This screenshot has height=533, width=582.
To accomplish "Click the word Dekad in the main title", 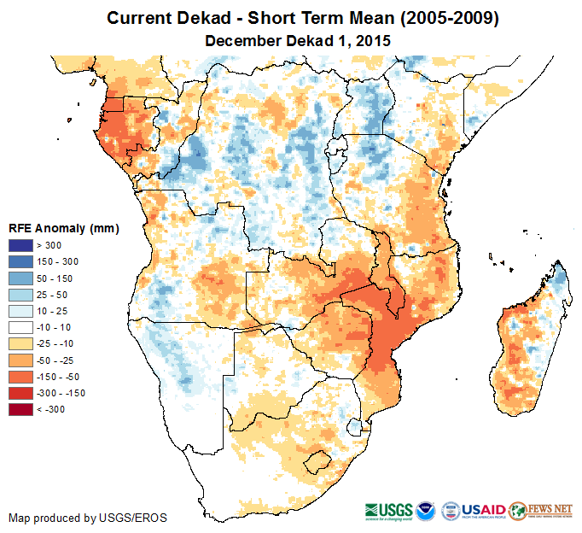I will coord(210,18).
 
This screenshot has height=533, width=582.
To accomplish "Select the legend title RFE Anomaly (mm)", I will coord(63,229).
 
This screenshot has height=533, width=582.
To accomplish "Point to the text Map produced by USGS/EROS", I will coord(88,518).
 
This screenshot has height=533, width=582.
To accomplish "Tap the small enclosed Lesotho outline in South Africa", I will coord(318,460).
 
